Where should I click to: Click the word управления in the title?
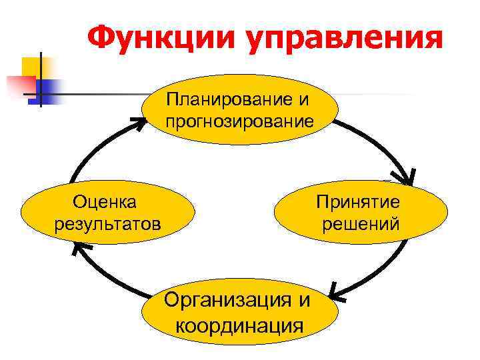(345, 39)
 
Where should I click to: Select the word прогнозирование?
(240, 121)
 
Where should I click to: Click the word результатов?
(108, 222)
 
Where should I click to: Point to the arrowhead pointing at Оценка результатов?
(78, 249)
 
